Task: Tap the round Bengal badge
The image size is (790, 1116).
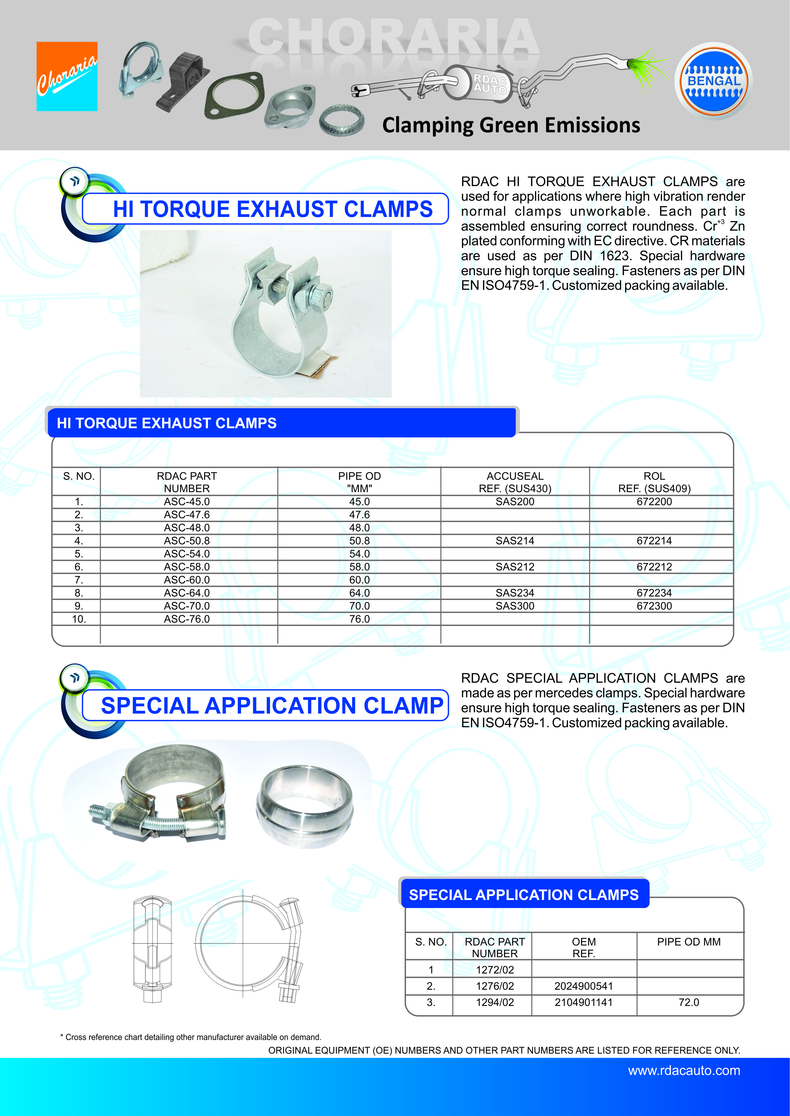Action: [713, 81]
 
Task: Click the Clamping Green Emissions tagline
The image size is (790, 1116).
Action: [511, 125]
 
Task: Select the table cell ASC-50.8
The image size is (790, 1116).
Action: [187, 541]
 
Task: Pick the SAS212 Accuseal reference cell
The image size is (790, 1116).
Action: [515, 567]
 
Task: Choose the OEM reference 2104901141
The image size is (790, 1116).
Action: [583, 1002]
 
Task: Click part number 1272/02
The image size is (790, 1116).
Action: [495, 970]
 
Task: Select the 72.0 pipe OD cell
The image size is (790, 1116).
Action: [688, 1002]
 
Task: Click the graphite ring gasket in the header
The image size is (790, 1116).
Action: [341, 119]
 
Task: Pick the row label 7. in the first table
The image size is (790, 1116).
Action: [79, 580]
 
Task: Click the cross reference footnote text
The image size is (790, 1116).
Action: [191, 1037]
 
